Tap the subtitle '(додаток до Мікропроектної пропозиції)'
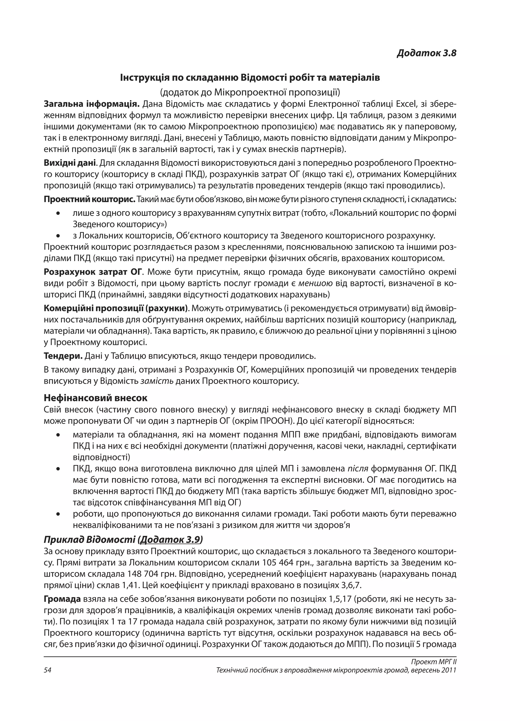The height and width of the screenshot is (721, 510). click(x=250, y=92)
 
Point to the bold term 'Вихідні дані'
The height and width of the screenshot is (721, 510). click(x=70, y=163)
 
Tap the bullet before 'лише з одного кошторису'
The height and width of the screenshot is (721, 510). click(x=58, y=214)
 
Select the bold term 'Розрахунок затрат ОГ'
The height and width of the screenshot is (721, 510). click(x=93, y=272)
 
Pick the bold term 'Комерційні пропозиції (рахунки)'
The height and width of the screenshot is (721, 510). click(x=116, y=308)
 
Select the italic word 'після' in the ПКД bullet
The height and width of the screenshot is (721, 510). click(x=358, y=469)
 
